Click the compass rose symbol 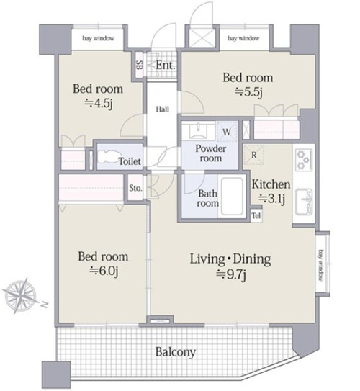coord(19,295)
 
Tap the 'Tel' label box coord(256,215)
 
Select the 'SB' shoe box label coord(140,66)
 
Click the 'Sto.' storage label coord(135,188)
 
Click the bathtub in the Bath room coord(232,197)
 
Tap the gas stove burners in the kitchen coord(303,160)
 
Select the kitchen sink coord(304,202)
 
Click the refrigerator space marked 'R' coord(253,155)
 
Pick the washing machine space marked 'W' coord(227,132)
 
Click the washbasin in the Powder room coord(199,130)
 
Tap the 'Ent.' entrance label coord(166,66)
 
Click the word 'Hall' coord(162,109)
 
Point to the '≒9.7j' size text coord(231,275)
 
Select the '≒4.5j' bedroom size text coord(98,103)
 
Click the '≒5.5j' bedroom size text coord(248,92)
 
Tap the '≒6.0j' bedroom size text coord(103,271)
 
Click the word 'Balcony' coord(175,352)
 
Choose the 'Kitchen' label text coord(271,184)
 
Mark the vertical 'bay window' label coord(321,265)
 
